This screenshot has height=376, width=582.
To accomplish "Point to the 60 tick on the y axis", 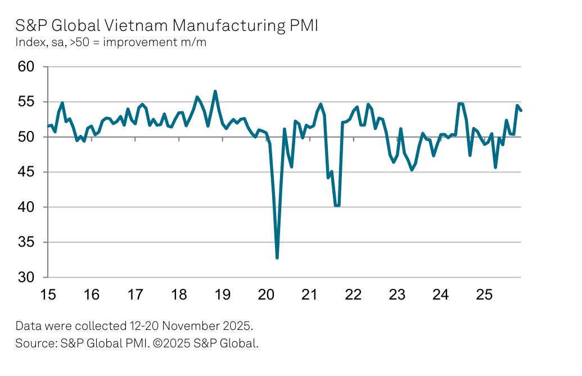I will coord(26,67).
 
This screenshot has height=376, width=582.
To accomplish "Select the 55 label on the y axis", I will coord(26,102).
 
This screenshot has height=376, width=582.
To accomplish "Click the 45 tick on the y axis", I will coord(26,173).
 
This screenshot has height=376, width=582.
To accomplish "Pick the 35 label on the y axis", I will coord(26,243).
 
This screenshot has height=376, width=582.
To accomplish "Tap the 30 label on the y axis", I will coord(26,278).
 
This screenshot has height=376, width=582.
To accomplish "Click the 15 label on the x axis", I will coord(48,295).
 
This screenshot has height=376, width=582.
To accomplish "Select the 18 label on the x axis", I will coord(179,295).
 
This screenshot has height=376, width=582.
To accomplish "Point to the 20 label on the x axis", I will coord(266,295).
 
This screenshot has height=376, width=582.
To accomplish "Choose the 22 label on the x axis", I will coord(353,295).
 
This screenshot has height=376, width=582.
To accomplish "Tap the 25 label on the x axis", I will coord(484,295).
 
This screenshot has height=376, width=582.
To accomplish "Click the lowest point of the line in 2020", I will coord(277,257).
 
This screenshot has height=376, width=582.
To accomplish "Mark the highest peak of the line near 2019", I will coord(215,91).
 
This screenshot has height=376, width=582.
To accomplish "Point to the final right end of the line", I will coord(521,110).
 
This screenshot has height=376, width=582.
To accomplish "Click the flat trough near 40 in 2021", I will coord(337,206).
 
